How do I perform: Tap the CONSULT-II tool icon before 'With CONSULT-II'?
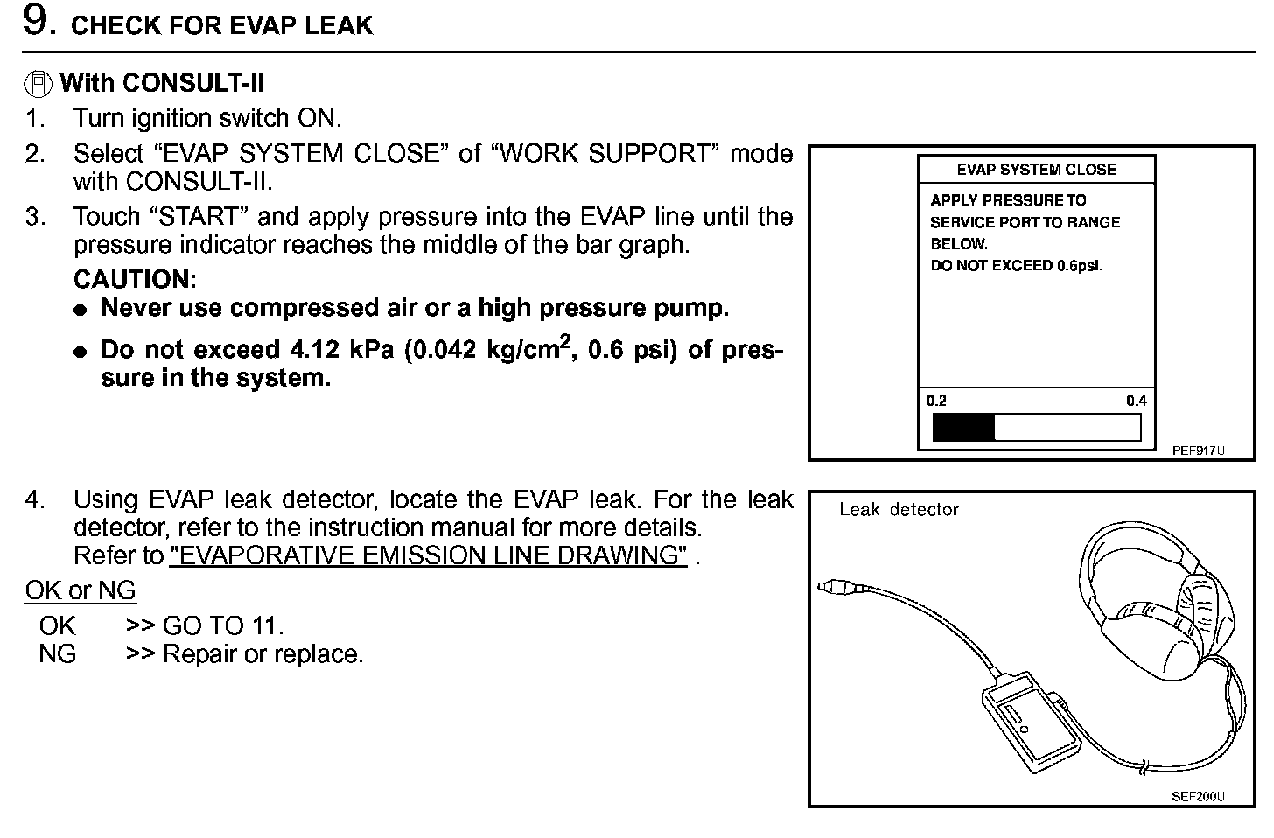(x=38, y=84)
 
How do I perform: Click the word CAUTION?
(x=135, y=280)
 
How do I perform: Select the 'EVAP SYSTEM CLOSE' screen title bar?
(x=1036, y=170)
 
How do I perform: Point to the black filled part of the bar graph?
(x=963, y=428)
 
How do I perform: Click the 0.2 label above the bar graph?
(x=936, y=401)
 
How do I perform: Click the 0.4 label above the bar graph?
(x=1136, y=401)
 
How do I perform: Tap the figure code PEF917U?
(x=1198, y=451)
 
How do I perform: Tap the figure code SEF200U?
(x=1198, y=796)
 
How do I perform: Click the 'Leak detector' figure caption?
(x=899, y=509)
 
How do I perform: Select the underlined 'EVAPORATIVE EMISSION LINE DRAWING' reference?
(x=428, y=556)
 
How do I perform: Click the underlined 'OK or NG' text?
(x=80, y=591)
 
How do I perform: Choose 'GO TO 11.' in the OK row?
(x=222, y=626)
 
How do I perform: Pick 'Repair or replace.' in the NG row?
(x=262, y=654)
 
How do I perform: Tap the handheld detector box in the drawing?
(x=1028, y=717)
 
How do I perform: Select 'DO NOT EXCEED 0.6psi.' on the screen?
(x=1016, y=266)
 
